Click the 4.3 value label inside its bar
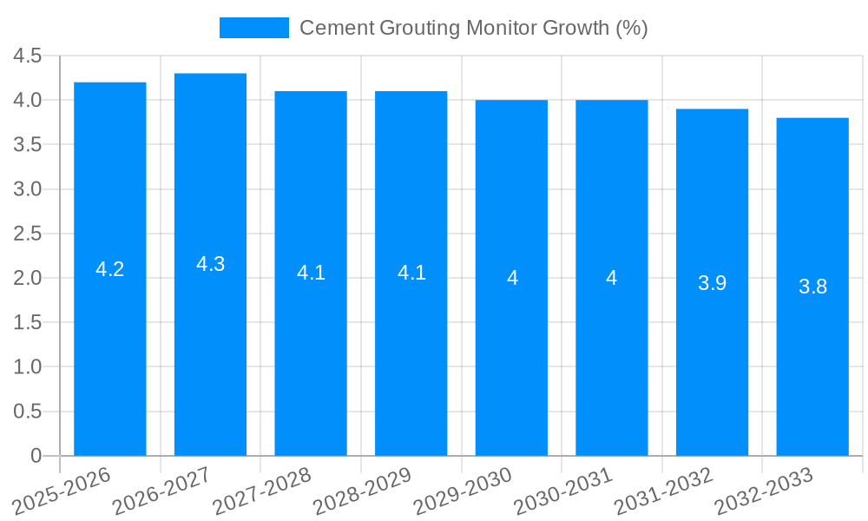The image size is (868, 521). (210, 265)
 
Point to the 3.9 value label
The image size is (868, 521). (712, 283)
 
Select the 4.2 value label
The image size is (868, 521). (110, 269)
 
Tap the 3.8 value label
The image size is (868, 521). (812, 287)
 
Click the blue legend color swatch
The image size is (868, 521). (253, 28)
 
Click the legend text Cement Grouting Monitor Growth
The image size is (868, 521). (473, 28)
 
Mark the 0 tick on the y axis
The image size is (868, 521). (36, 456)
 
